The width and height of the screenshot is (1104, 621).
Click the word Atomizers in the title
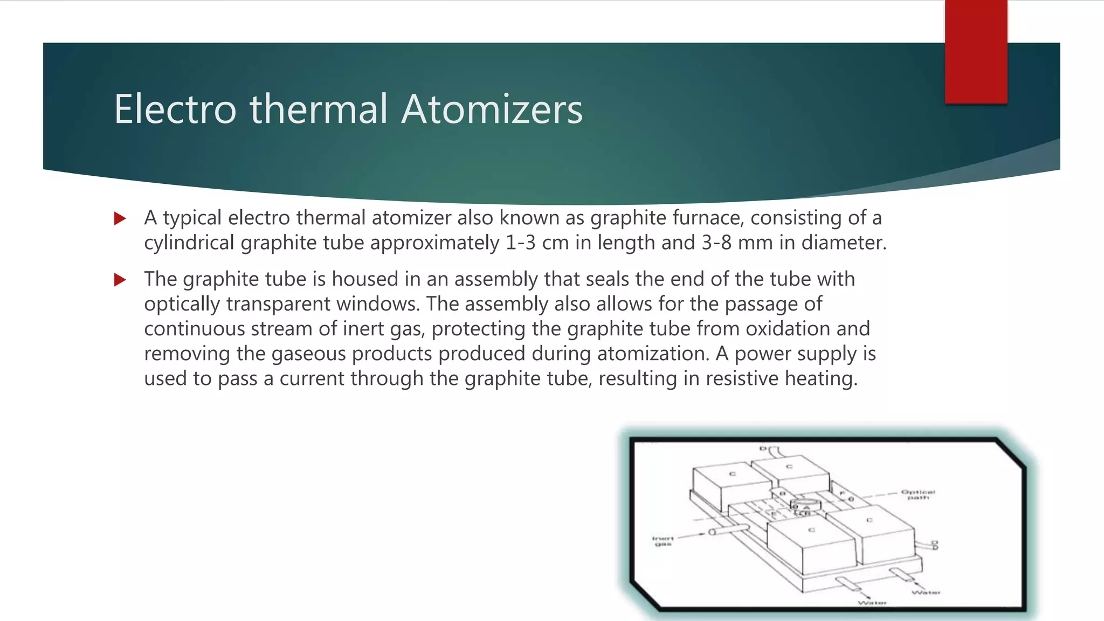[x=492, y=109]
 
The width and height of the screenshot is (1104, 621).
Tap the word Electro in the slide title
[x=175, y=109]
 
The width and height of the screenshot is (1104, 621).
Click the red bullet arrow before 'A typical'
[x=120, y=218]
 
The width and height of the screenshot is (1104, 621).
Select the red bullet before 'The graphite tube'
[x=120, y=280]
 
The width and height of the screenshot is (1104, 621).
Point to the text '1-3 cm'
[x=537, y=243]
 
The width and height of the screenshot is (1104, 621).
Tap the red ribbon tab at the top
[x=976, y=52]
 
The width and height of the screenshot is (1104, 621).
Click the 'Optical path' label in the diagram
[x=918, y=494]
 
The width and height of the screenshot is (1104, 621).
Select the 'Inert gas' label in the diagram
[x=663, y=541]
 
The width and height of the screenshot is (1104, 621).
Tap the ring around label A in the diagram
[x=805, y=505]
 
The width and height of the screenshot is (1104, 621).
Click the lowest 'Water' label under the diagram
[x=872, y=603]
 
